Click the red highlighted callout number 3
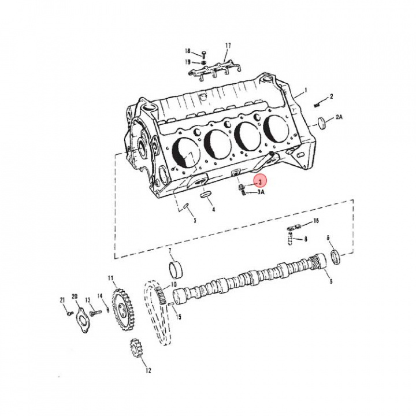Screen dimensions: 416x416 (260, 182)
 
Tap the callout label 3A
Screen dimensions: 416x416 (261, 192)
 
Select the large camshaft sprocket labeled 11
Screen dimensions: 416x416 (123, 310)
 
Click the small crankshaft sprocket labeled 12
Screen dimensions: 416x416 (136, 348)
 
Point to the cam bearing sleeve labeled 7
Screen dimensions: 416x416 (176, 270)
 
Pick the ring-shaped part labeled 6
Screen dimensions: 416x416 (335, 257)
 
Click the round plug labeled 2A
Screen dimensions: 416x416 (322, 122)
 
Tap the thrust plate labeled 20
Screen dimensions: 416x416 (83, 321)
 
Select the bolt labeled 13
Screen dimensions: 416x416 (96, 313)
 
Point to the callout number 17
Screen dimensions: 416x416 (228, 46)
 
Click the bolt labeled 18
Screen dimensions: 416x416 (203, 54)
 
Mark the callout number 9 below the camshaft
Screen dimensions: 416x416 (331, 281)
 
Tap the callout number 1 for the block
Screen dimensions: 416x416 (306, 91)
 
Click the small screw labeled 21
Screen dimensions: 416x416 (70, 314)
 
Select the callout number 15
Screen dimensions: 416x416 (179, 317)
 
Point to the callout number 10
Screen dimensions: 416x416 (173, 284)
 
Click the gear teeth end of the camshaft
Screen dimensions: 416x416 (317, 260)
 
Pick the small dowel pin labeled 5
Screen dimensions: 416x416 (186, 206)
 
